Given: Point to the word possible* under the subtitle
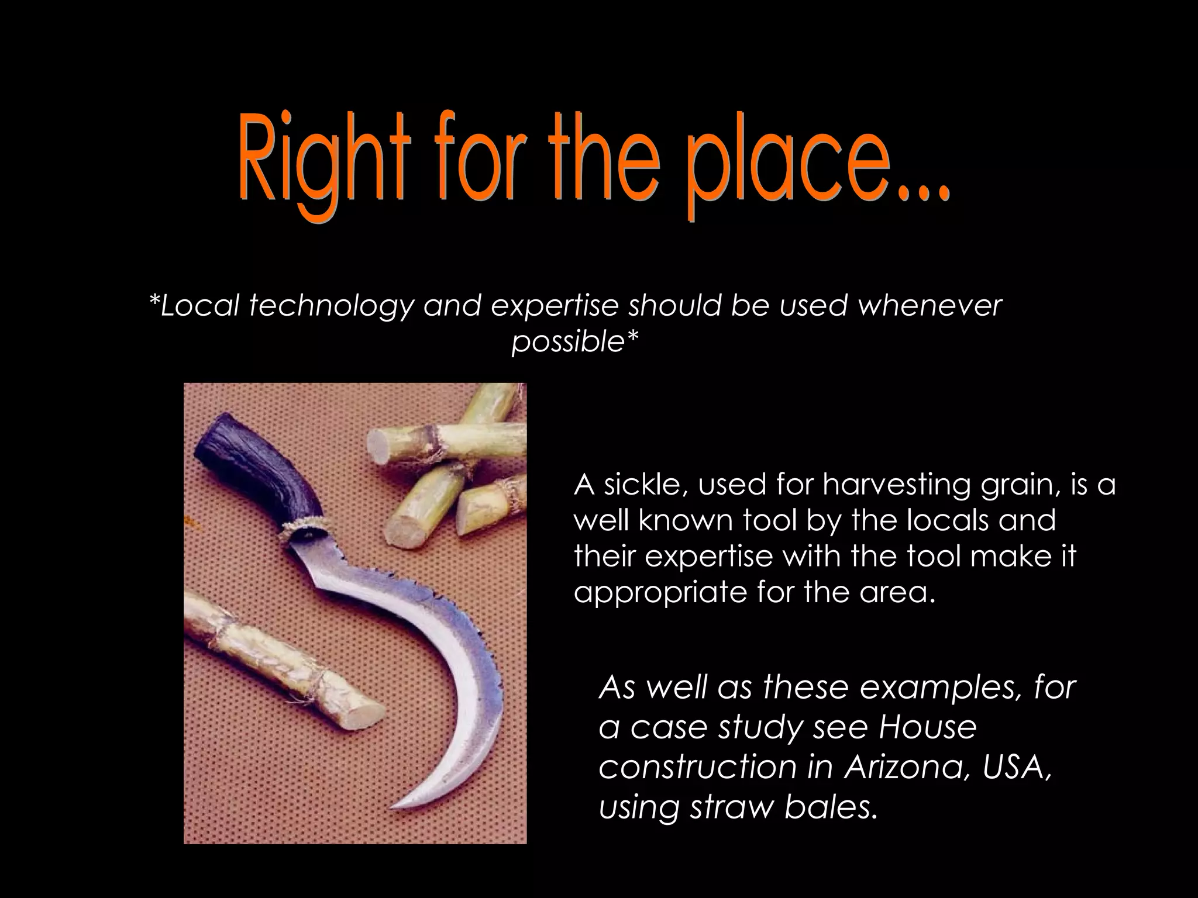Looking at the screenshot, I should [575, 341].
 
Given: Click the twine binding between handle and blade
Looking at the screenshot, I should [304, 529].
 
